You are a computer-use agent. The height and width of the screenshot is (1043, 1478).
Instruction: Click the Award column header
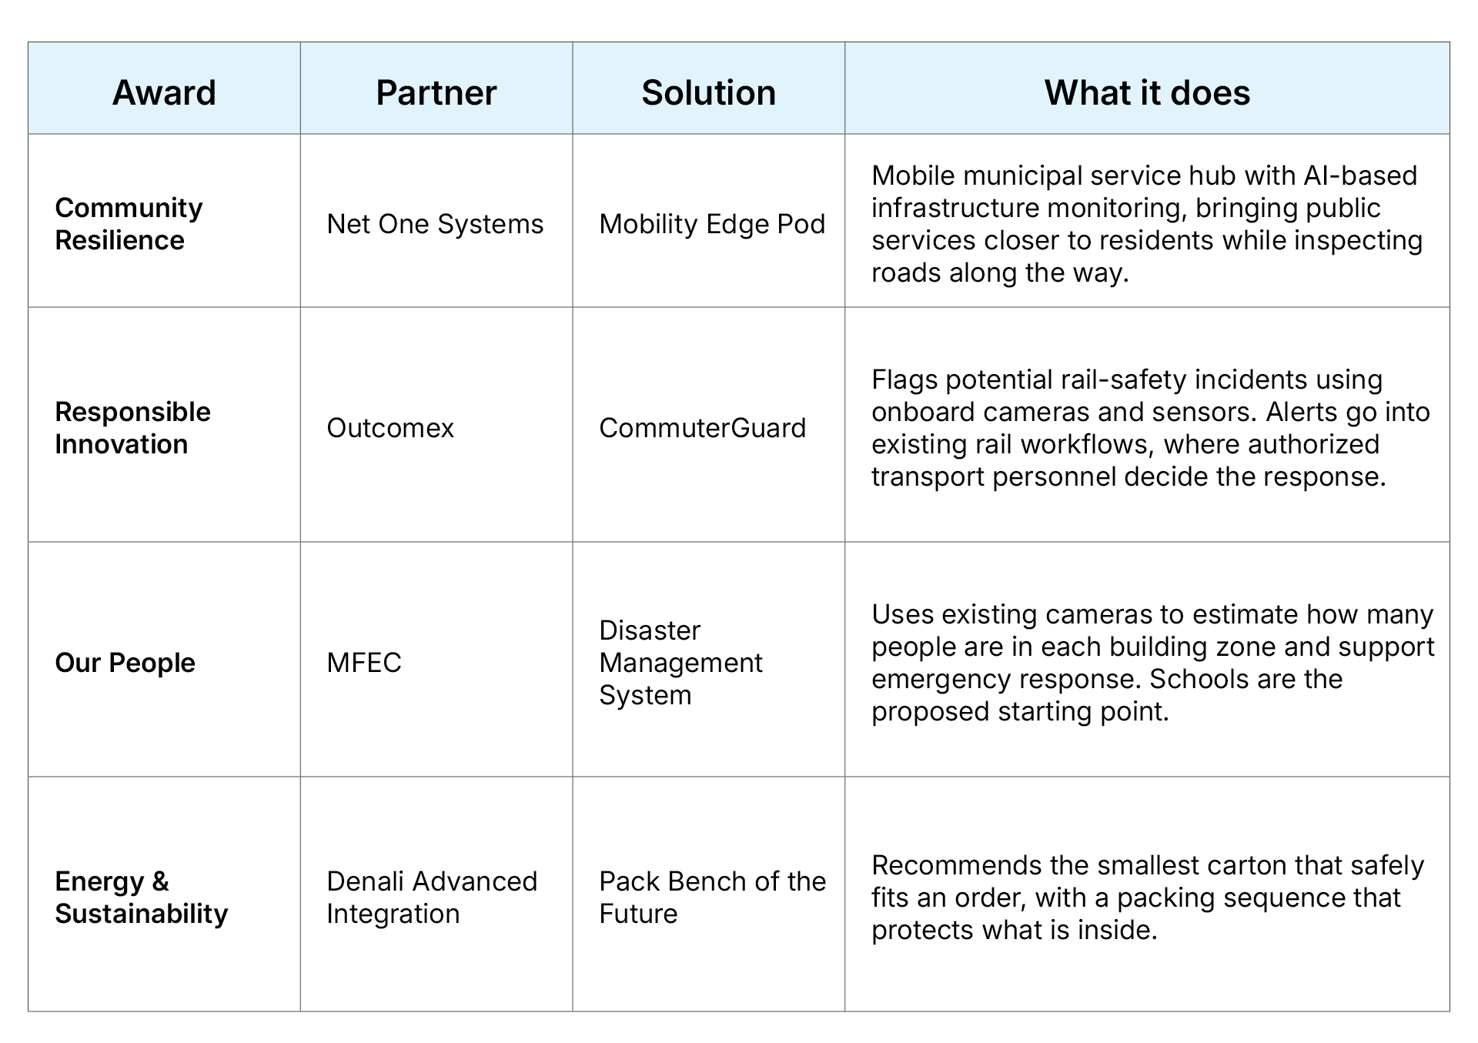point(164,92)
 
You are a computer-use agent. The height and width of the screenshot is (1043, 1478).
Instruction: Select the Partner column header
point(436,92)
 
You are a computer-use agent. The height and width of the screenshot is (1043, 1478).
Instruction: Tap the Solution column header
point(709,92)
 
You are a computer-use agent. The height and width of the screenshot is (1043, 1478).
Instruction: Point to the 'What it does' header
point(1147,92)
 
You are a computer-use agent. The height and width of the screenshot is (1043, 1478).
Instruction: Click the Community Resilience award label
point(129,223)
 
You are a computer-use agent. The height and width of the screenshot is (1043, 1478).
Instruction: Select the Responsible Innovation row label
point(132,428)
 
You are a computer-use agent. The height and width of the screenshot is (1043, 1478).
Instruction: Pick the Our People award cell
point(125,663)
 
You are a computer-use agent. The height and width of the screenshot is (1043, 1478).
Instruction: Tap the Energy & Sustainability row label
point(142,897)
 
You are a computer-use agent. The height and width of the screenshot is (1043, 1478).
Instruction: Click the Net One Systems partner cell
point(435,224)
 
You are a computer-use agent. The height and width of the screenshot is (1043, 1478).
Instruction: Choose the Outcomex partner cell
point(390,428)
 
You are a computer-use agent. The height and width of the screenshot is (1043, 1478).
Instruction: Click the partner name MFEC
point(364,663)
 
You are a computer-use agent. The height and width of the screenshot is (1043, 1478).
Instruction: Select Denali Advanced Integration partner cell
point(432,897)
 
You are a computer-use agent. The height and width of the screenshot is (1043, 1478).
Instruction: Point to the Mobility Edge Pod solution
point(712,224)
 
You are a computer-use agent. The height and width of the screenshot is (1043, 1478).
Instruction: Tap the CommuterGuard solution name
point(702,428)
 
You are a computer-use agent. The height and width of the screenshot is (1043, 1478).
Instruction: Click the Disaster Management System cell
point(680,663)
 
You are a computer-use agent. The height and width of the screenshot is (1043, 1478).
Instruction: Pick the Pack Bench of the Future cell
point(713,897)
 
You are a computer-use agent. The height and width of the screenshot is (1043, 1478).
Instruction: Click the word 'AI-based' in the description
point(1360,176)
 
